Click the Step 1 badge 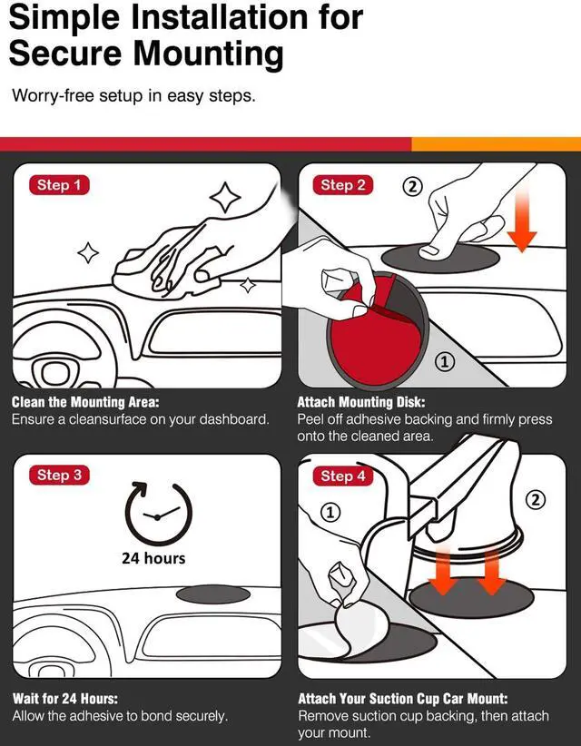point(60,185)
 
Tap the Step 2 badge point(342,185)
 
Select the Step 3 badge point(60,476)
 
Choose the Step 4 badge point(342,476)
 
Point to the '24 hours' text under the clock point(153,558)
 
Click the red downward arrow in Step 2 point(522,219)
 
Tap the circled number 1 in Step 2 point(445,362)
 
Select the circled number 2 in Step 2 point(412,186)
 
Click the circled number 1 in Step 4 point(331,512)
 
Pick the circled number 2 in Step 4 point(536,499)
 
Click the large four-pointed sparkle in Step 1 point(225,197)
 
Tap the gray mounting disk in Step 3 point(212,594)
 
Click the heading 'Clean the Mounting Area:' point(85,403)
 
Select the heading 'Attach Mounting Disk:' point(361,403)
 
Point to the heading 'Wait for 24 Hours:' point(65,699)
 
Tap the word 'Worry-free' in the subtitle point(53,95)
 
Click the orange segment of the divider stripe point(496,144)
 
